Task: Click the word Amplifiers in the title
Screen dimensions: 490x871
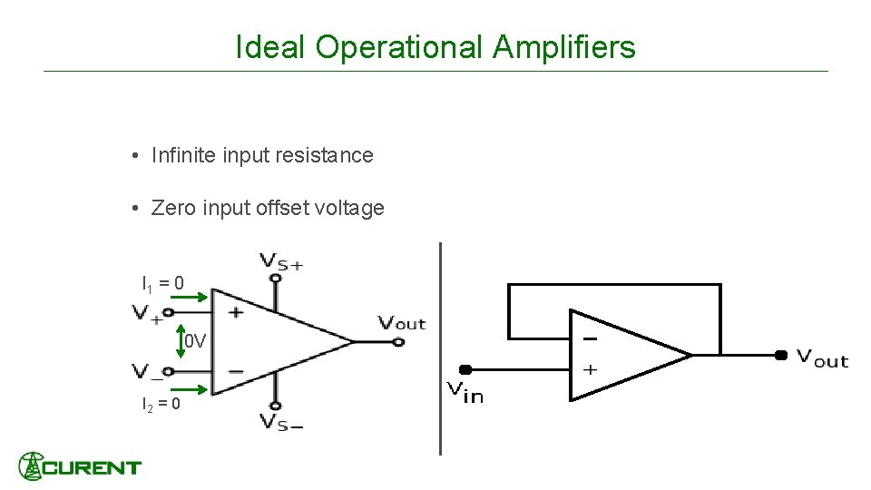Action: pos(563,47)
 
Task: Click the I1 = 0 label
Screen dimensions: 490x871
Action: pos(162,283)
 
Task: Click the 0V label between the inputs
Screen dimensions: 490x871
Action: pos(196,342)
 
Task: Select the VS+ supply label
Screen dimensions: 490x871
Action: pos(281,260)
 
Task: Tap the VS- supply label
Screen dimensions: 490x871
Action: pos(281,421)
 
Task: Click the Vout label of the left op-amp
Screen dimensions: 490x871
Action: pos(401,322)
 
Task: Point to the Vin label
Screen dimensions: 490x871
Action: pos(465,392)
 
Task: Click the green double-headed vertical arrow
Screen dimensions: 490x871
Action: pos(180,342)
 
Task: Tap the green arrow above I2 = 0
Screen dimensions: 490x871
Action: pos(197,391)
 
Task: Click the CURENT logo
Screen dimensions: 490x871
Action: pos(80,466)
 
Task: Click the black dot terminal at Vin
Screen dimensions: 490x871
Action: pos(465,369)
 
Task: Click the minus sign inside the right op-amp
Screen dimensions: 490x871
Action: pos(590,338)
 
